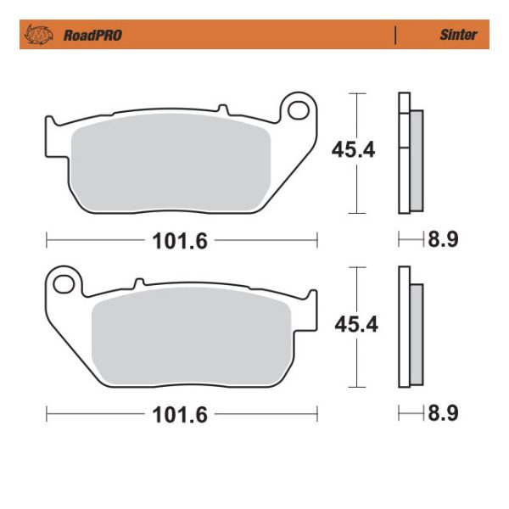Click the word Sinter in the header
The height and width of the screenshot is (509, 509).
coord(458,35)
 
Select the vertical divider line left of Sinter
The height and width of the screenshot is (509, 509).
coord(395,35)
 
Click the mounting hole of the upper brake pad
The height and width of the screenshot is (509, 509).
coord(297,109)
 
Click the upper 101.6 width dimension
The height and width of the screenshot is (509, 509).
coord(180,240)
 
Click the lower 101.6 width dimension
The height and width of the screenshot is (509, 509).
coord(180,415)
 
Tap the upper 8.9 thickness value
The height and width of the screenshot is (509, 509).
coord(442,240)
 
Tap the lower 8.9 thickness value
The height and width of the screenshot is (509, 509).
coord(442,414)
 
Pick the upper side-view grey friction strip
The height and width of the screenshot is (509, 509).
coord(416,161)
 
